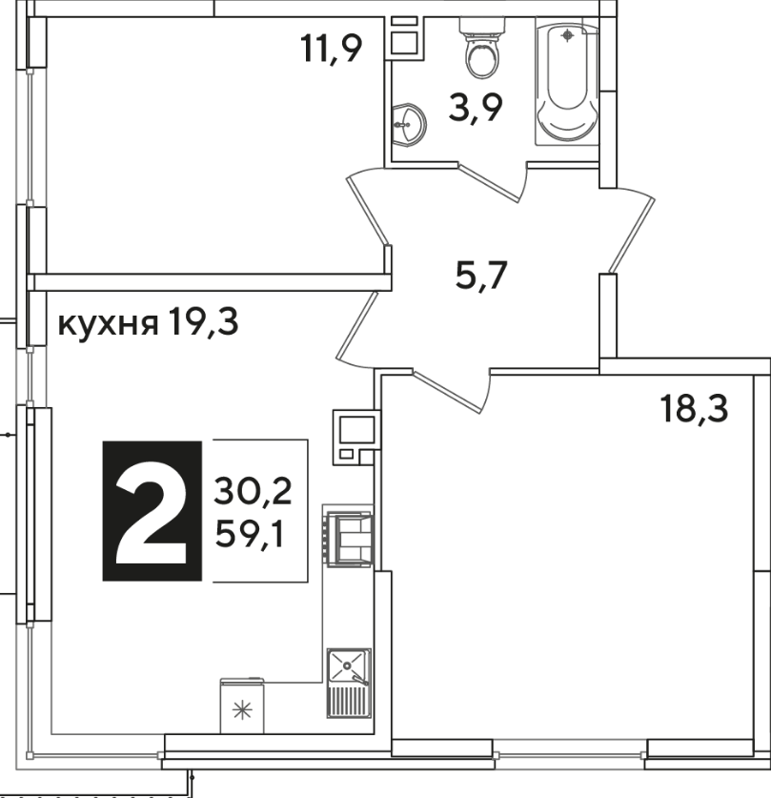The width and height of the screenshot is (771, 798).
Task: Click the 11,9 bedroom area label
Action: [331, 49]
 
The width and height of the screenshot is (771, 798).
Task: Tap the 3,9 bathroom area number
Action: [476, 108]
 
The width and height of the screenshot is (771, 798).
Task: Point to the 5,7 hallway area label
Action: [481, 276]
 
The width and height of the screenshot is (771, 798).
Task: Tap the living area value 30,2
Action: [253, 492]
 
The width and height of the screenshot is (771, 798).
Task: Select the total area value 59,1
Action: [249, 534]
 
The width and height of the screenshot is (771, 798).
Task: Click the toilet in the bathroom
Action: [482, 48]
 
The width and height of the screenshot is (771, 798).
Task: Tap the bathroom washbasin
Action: [409, 125]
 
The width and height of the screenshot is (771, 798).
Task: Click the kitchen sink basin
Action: [349, 665]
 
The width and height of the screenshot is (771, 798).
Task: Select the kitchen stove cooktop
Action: [349, 540]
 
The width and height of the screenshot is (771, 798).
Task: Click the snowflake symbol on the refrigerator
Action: [242, 710]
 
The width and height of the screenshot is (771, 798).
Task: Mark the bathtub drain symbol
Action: [567, 35]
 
